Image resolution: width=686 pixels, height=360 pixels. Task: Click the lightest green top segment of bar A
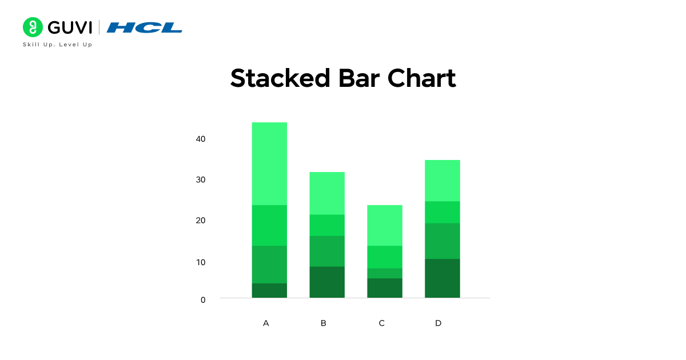click(x=269, y=163)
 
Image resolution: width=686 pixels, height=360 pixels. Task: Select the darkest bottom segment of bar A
click(x=269, y=290)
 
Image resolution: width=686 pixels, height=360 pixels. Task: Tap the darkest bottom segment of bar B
click(x=327, y=282)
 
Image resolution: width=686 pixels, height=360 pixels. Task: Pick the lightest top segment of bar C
click(x=385, y=225)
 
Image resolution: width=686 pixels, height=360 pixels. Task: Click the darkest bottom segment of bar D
click(x=442, y=278)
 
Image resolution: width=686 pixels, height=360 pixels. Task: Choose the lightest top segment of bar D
click(x=442, y=181)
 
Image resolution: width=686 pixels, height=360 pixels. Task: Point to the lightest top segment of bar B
click(x=327, y=193)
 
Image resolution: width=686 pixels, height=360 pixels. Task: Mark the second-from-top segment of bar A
click(x=269, y=225)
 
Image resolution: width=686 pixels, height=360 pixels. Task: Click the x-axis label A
click(x=266, y=323)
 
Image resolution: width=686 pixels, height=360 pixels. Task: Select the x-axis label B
click(x=324, y=323)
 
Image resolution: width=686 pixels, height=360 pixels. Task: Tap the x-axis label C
click(x=382, y=323)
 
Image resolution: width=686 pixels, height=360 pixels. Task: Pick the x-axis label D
click(x=438, y=323)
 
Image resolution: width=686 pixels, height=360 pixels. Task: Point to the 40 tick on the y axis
click(x=200, y=139)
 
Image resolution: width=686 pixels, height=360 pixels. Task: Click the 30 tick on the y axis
click(x=200, y=179)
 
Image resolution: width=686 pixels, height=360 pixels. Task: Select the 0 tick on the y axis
click(x=203, y=299)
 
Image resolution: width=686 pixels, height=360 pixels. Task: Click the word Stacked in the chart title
click(x=280, y=78)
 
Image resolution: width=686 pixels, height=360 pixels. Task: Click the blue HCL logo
click(x=145, y=27)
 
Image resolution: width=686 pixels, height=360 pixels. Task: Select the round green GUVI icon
click(x=33, y=27)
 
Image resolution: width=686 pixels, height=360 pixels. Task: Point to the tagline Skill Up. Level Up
click(x=57, y=45)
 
